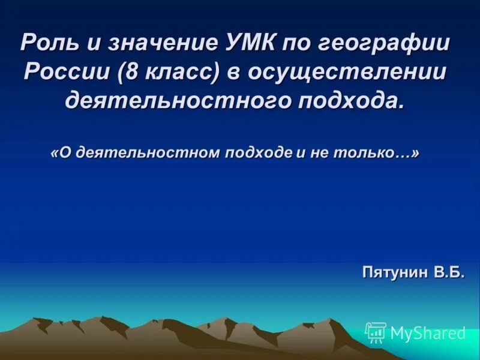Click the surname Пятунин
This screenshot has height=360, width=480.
tap(394, 273)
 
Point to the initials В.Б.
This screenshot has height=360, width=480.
tap(448, 272)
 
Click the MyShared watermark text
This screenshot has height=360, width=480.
tap(428, 333)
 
